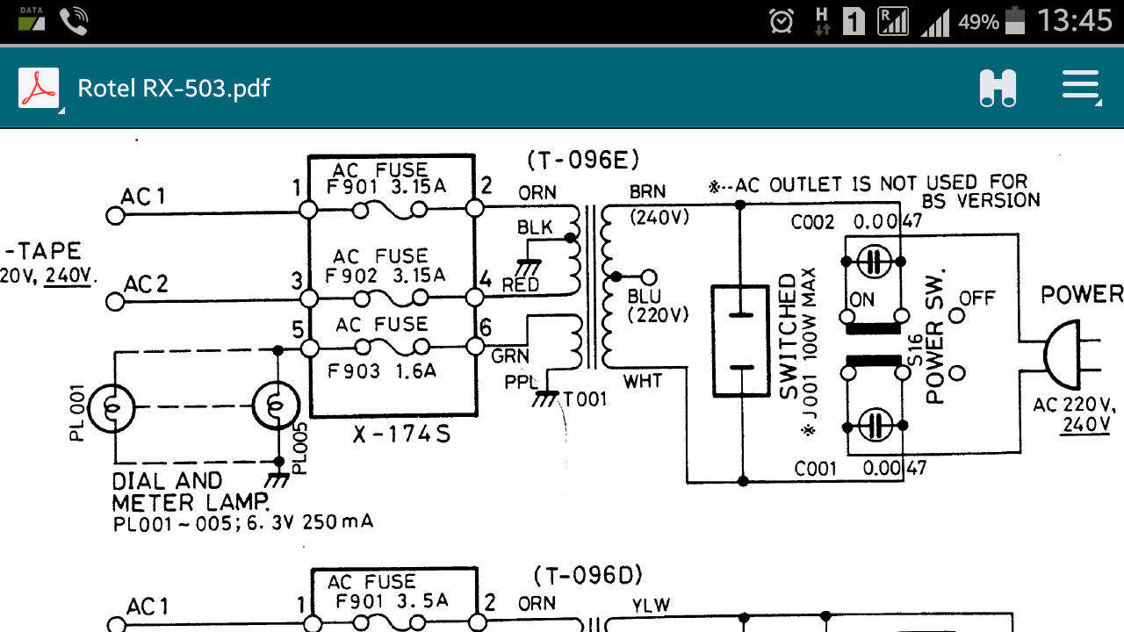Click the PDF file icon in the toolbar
pos(39,88)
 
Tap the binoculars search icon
pos(998,88)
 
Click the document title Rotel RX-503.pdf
pos(174,89)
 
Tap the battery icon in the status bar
pos(1016,20)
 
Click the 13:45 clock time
pos(1075,20)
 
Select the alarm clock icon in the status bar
pos(781,20)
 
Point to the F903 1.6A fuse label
pos(382,370)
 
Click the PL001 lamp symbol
pos(113,406)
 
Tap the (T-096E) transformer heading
pos(583,160)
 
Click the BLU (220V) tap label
pos(658,305)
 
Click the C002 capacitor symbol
pos(875,261)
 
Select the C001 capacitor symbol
pos(875,426)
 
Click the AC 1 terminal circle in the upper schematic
pos(113,214)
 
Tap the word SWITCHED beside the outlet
pos(788,337)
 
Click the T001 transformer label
pos(585,400)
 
